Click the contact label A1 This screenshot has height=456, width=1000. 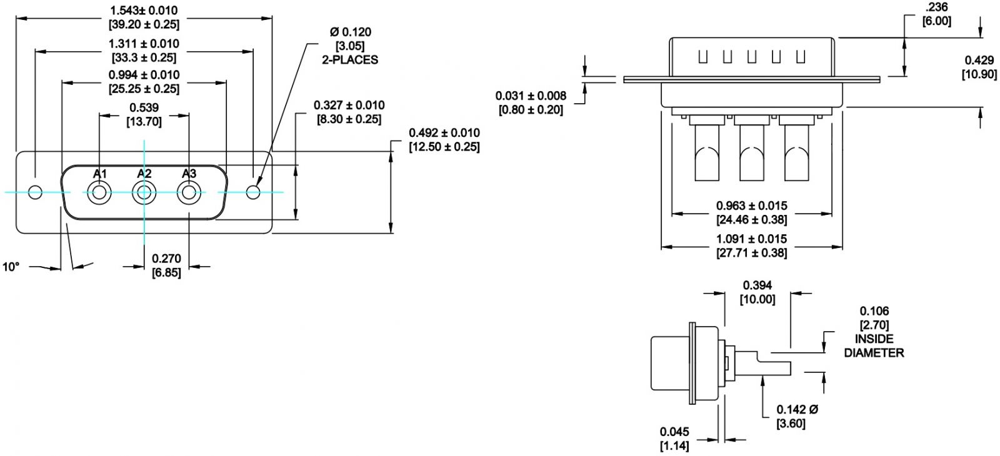99,174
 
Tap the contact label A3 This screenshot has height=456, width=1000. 189,174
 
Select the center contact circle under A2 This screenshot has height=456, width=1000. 144,193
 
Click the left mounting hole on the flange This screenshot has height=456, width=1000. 35,192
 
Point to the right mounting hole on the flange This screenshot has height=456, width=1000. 253,192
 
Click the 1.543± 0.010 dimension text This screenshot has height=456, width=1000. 144,10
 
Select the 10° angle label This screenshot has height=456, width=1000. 11,267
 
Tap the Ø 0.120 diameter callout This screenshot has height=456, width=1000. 351,32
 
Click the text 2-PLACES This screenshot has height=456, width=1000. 350,60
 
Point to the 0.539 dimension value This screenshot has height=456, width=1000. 144,107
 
